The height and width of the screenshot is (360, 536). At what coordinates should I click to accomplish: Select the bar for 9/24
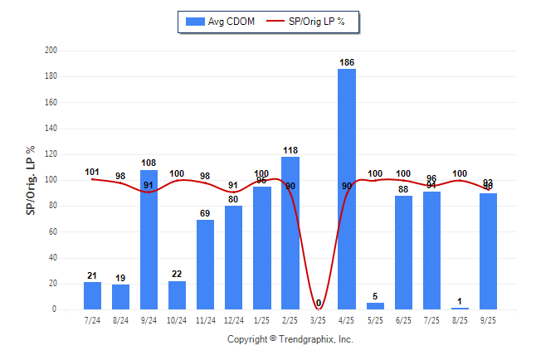pos(149,240)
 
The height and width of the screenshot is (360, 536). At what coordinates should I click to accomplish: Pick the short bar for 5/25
pos(375,306)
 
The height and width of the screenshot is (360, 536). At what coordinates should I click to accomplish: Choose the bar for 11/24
pos(206,265)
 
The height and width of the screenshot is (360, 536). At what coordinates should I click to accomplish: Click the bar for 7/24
pos(93,296)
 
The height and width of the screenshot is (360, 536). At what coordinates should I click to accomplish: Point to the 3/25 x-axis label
pos(319,319)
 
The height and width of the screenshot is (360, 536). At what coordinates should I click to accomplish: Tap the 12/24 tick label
pos(234,319)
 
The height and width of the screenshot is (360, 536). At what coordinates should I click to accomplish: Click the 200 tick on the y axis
pos(51,51)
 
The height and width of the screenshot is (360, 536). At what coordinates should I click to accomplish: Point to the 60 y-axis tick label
pos(52,231)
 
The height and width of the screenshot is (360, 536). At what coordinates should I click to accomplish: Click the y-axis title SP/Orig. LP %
pos(31,180)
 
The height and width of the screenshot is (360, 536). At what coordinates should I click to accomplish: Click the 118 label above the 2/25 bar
pos(290,150)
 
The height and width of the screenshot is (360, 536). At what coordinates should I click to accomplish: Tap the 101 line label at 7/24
pos(93,172)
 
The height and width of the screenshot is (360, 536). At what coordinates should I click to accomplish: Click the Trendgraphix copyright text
pos(290,339)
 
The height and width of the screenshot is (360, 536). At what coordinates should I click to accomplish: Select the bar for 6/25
pos(403,252)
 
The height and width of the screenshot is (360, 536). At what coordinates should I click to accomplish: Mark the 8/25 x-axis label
pos(460,319)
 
